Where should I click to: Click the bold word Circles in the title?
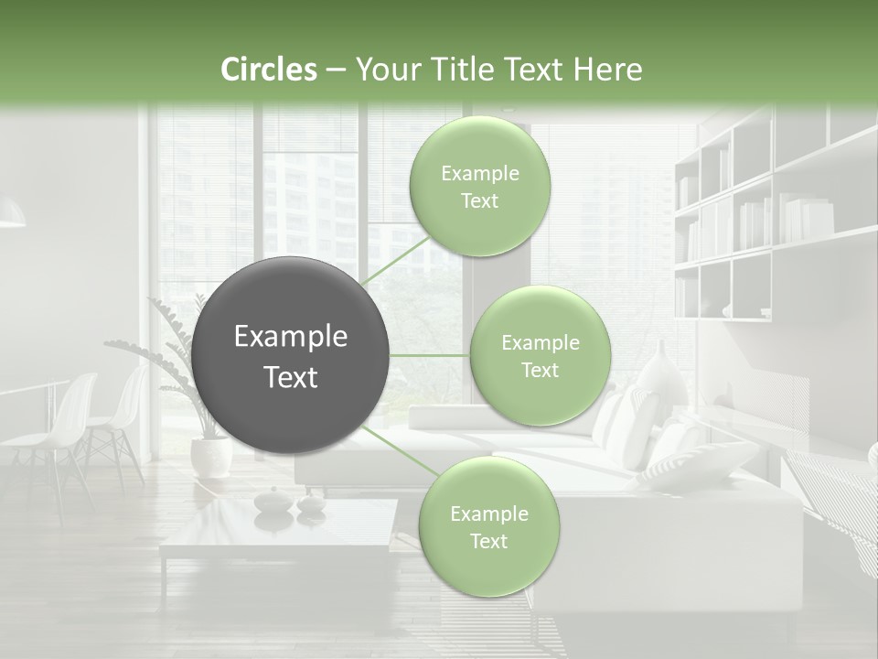(268, 70)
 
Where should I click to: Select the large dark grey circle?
(291, 355)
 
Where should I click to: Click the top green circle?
(479, 187)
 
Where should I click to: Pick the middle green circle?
(540, 356)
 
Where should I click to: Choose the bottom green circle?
(488, 527)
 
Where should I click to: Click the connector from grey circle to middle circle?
(429, 355)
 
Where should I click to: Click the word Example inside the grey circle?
(291, 337)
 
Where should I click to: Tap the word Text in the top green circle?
(479, 200)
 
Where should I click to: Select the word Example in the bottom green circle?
(488, 513)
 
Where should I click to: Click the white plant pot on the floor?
(210, 456)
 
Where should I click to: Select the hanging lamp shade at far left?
(11, 216)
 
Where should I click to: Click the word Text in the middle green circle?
(540, 370)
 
